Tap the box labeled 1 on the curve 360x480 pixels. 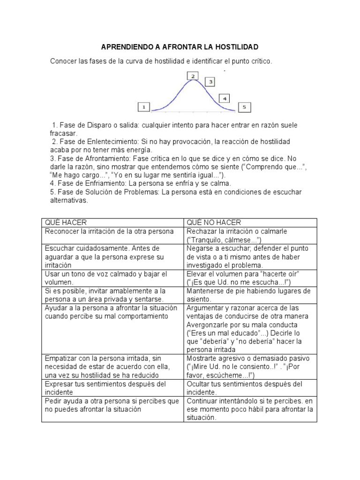tap(143, 107)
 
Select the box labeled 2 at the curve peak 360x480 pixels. tap(193, 75)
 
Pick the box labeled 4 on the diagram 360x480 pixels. tap(225, 98)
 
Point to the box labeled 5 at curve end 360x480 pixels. tap(244, 107)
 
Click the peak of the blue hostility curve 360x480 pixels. tap(193, 81)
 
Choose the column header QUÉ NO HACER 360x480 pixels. tap(214, 223)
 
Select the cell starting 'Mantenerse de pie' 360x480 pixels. tap(248, 295)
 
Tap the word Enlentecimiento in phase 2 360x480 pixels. tap(111, 142)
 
